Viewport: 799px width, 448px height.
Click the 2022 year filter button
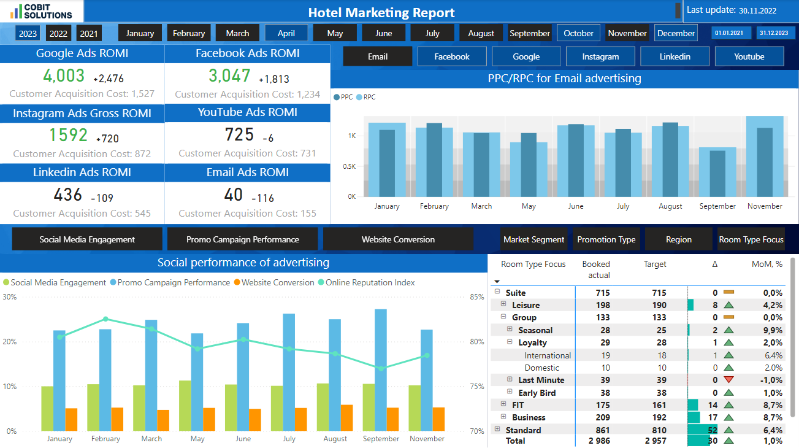pyautogui.click(x=58, y=34)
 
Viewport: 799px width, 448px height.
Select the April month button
pyautogui.click(x=286, y=34)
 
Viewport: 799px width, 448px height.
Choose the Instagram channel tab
pyautogui.click(x=600, y=56)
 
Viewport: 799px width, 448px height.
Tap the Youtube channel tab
pyautogui.click(x=749, y=56)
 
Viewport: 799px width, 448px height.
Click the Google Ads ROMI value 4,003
pyautogui.click(x=64, y=76)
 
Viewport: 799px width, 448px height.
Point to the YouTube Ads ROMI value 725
pyautogui.click(x=239, y=134)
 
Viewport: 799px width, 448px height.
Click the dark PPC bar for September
pyautogui.click(x=717, y=173)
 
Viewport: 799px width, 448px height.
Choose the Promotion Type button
pyautogui.click(x=606, y=239)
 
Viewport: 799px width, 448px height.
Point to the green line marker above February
pyautogui.click(x=105, y=319)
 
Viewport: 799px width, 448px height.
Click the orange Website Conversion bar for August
pyautogui.click(x=347, y=417)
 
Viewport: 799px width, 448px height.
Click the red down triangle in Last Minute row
pyautogui.click(x=728, y=380)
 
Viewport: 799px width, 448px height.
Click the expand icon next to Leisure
pyautogui.click(x=503, y=304)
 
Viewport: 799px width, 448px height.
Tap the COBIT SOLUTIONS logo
pyautogui.click(x=41, y=10)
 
